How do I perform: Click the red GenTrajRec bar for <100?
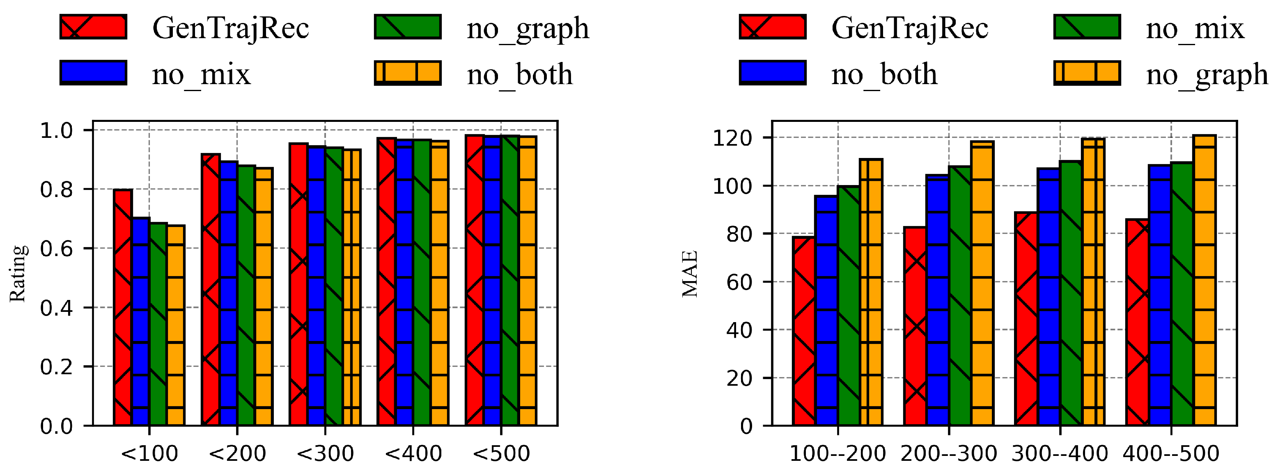[x=122, y=307]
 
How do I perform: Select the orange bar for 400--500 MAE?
[x=1204, y=280]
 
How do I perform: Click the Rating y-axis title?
[x=18, y=273]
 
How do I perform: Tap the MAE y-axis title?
[x=690, y=273]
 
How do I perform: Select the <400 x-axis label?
[x=413, y=453]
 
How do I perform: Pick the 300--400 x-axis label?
[x=1060, y=453]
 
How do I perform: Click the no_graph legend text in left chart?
[x=528, y=28]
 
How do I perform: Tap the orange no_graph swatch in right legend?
[x=1087, y=73]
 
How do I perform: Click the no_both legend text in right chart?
[x=884, y=74]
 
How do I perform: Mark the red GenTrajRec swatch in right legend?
[x=773, y=27]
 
